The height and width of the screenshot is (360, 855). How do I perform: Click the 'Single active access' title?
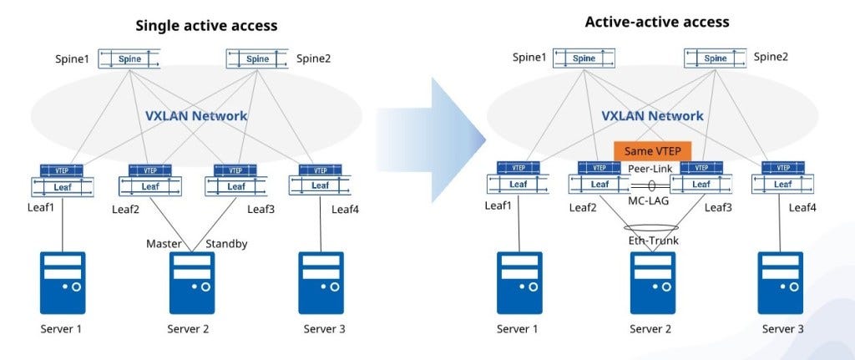tap(206, 26)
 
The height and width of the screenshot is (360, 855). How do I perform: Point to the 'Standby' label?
tap(226, 244)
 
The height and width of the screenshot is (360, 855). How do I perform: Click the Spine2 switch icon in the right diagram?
tap(715, 58)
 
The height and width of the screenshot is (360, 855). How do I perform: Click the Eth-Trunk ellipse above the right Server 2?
tap(651, 227)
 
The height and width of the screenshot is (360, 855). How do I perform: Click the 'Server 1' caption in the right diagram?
tap(518, 329)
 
